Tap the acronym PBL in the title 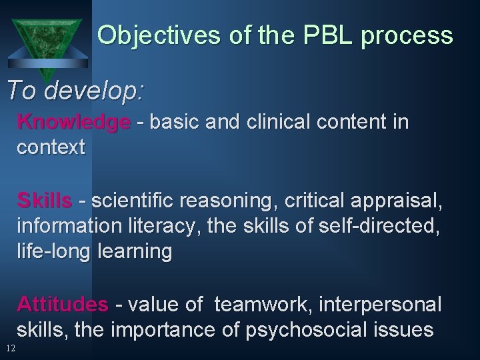point(325,35)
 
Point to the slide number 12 point(10,348)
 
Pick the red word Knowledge point(73,123)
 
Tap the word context point(51,147)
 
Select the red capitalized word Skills point(44,201)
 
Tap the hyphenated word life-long point(54,251)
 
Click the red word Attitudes point(62,305)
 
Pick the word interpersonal point(380,305)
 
